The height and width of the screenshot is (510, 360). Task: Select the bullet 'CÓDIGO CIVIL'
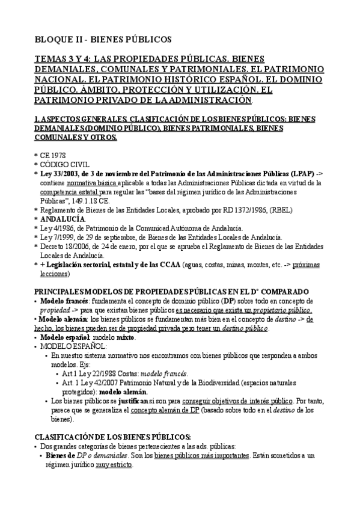coord(65,164)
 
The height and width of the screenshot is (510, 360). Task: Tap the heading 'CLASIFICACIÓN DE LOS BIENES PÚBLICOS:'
coord(112,436)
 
